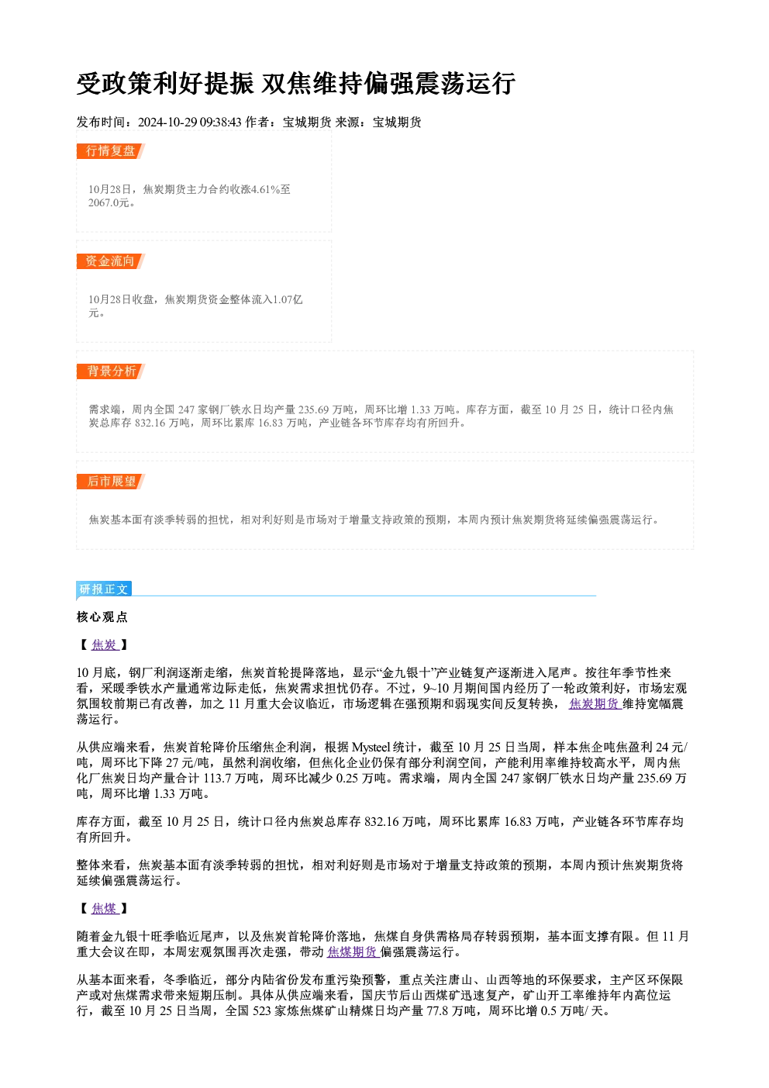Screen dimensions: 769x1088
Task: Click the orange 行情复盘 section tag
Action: click(111, 151)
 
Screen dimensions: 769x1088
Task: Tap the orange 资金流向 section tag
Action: click(111, 261)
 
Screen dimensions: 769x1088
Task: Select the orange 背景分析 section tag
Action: click(111, 371)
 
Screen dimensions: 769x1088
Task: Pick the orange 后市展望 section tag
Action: click(111, 482)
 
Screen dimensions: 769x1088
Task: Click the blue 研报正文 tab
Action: click(104, 589)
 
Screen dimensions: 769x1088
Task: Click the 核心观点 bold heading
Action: click(102, 617)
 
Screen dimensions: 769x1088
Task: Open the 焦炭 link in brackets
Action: click(105, 645)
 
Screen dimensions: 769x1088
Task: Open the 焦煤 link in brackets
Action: click(105, 909)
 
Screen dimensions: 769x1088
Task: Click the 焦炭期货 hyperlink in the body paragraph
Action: click(595, 704)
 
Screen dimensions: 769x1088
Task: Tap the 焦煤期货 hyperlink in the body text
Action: click(353, 952)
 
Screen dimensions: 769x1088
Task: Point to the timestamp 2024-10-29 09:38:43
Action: click(190, 123)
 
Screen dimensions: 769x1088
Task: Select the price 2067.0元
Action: click(109, 202)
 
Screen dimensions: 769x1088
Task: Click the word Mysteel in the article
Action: click(371, 748)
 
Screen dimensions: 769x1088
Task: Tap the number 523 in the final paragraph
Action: click(261, 1011)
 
